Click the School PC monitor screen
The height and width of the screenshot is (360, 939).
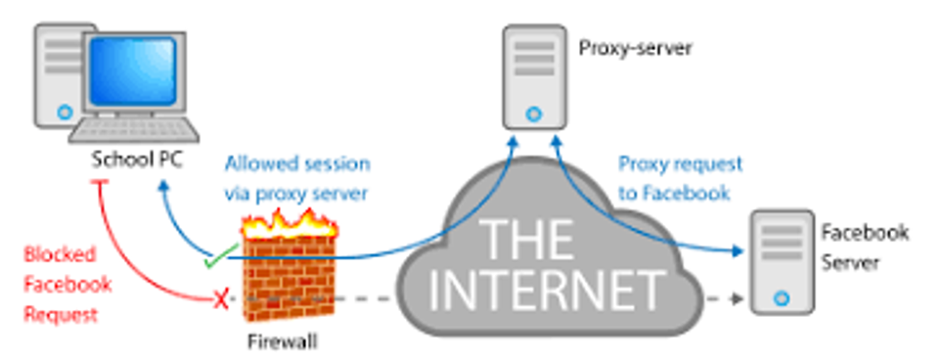coord(133,70)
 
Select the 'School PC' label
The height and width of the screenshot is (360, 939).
coord(137,160)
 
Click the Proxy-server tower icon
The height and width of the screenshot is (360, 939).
coord(534,77)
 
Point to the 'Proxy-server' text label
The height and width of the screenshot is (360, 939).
coord(635,49)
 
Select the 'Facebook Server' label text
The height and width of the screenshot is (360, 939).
coord(864,247)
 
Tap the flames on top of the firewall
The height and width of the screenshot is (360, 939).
coord(290,225)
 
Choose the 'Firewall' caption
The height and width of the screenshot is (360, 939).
coord(282,341)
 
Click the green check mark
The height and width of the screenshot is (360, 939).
coord(216,257)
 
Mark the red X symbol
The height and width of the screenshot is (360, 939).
coord(221,299)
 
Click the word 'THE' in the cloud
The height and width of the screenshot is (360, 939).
coord(527,240)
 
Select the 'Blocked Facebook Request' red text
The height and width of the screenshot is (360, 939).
coord(67,285)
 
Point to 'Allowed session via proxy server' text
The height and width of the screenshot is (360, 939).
coord(297,178)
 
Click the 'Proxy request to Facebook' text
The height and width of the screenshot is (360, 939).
coord(681,178)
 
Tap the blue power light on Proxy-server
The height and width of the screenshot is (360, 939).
coord(533,113)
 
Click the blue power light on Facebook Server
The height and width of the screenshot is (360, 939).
coord(782,298)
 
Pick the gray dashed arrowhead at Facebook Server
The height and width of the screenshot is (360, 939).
coord(738,298)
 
